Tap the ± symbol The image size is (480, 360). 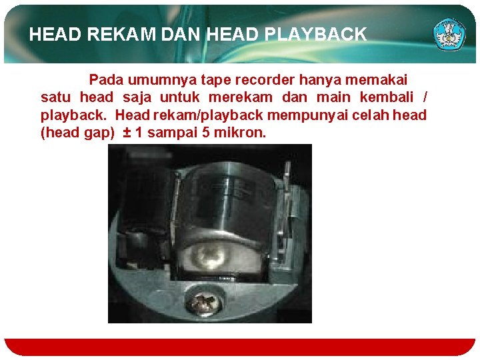127,133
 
